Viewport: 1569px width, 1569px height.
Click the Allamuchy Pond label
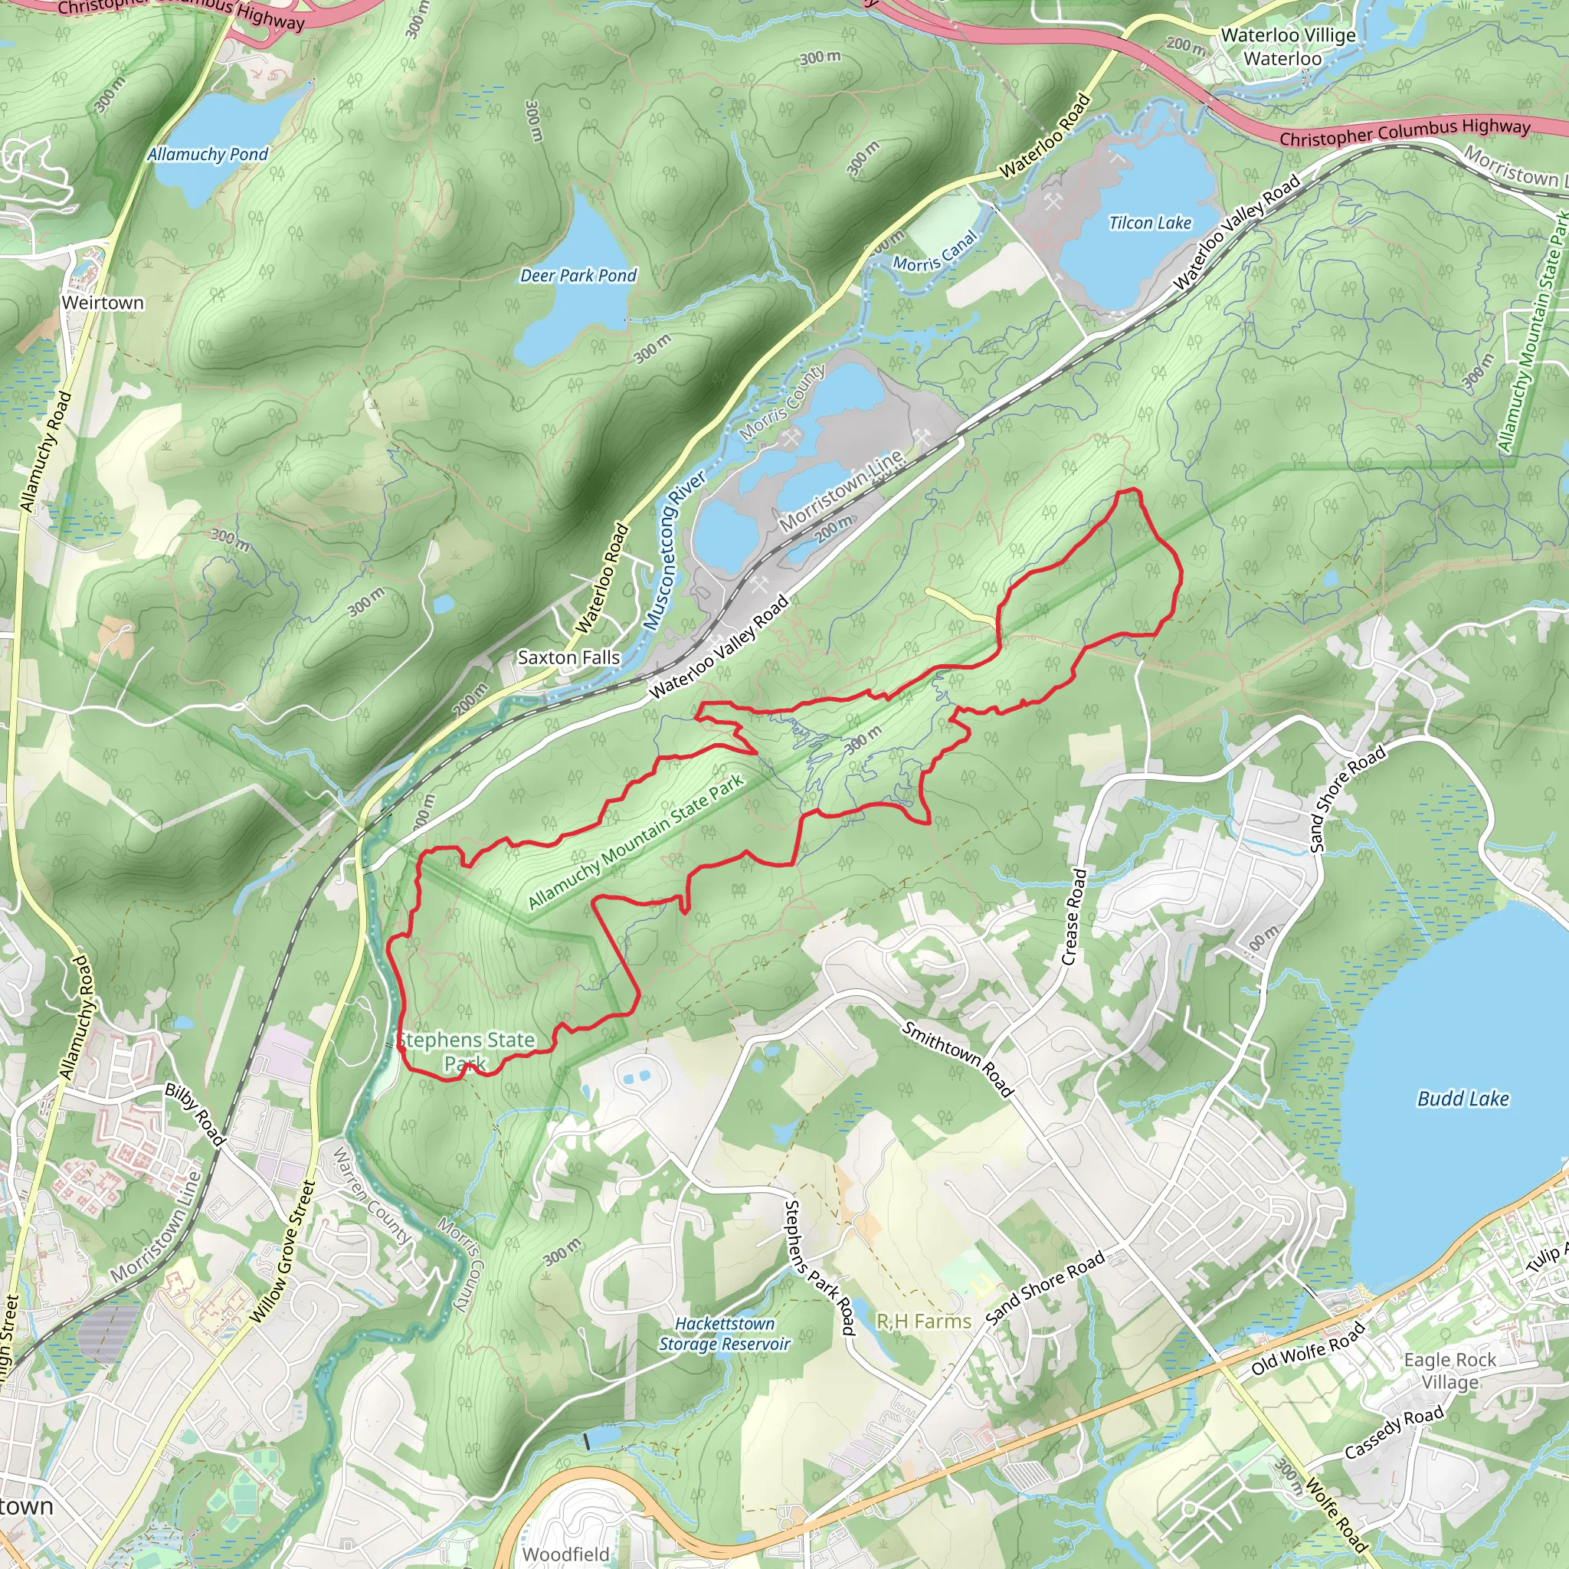point(207,154)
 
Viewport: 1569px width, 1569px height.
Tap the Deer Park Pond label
point(578,276)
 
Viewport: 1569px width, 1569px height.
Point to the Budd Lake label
point(1463,1099)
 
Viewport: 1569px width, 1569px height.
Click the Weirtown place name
point(103,303)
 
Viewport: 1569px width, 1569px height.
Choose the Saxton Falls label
point(568,658)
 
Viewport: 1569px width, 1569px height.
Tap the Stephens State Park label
point(466,1051)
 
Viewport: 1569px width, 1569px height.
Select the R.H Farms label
point(923,1322)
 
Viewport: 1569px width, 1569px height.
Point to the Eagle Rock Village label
point(1449,1371)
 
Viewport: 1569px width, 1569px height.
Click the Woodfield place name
point(565,1554)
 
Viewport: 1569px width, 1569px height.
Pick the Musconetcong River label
point(674,551)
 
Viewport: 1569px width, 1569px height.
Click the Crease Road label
point(1073,917)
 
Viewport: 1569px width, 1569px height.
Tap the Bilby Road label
point(195,1114)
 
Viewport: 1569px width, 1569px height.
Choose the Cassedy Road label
point(1394,1433)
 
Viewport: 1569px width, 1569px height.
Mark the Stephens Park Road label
point(820,1268)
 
